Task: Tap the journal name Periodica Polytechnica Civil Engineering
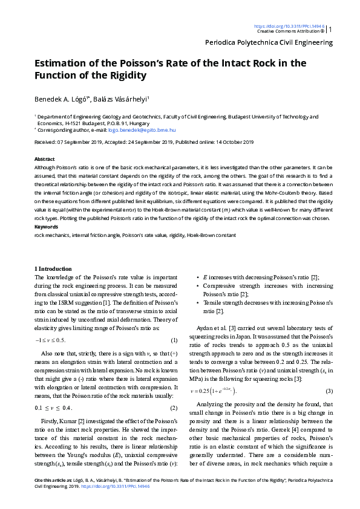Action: pos(269,42)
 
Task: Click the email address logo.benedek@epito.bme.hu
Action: pos(146,129)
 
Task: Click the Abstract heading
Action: pos(45,158)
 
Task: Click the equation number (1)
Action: pos(174,340)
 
